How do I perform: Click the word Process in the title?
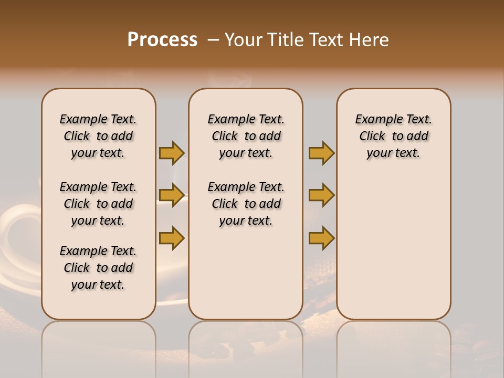pyautogui.click(x=162, y=40)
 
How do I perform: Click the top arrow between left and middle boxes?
pyautogui.click(x=172, y=153)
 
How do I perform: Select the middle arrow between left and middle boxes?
pyautogui.click(x=172, y=195)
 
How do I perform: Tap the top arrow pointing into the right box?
pyautogui.click(x=321, y=153)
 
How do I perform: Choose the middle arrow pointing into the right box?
pyautogui.click(x=321, y=195)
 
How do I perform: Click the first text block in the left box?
pyautogui.click(x=98, y=136)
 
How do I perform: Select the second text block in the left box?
pyautogui.click(x=98, y=204)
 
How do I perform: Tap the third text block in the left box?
pyautogui.click(x=98, y=268)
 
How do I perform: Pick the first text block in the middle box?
pyautogui.click(x=246, y=136)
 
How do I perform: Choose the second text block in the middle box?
pyautogui.click(x=246, y=204)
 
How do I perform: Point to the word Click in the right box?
pyautogui.click(x=372, y=136)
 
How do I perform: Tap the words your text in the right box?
pyautogui.click(x=393, y=153)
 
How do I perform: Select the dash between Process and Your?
pyautogui.click(x=213, y=40)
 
